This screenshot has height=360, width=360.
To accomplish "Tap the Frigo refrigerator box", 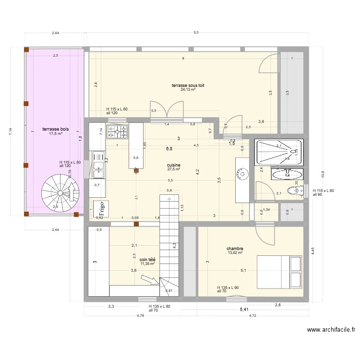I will [101, 209].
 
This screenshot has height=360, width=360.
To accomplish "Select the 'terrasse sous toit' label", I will [188, 85].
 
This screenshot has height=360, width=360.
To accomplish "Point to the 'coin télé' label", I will [148, 259].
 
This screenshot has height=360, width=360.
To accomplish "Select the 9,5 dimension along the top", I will [196, 33].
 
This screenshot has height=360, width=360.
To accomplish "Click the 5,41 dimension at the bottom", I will [244, 310].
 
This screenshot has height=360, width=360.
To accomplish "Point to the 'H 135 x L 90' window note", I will [228, 287].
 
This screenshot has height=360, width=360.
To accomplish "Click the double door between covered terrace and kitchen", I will [159, 110].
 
